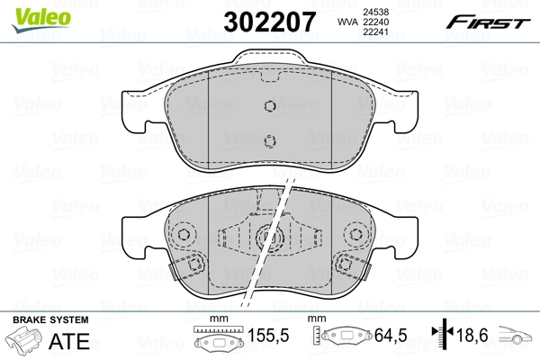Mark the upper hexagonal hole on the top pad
pyautogui.click(x=269, y=105)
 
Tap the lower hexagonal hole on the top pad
pyautogui.click(x=269, y=139)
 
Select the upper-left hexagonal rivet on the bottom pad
pyautogui.click(x=185, y=236)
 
